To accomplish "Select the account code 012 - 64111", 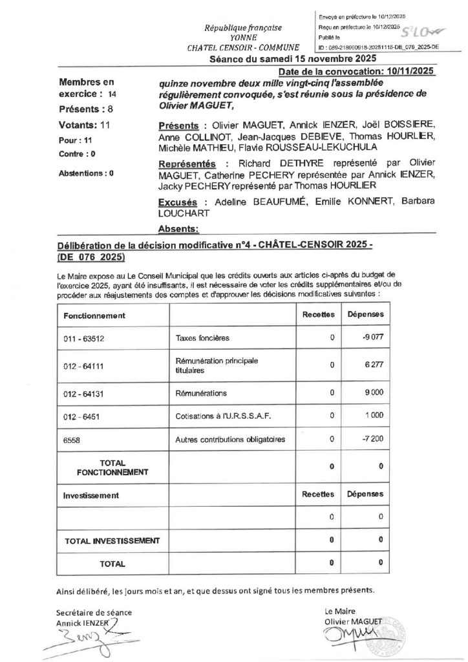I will coord(81,365).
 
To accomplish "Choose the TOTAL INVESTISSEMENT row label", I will coord(112,540).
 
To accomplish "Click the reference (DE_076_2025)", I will coord(90,257).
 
